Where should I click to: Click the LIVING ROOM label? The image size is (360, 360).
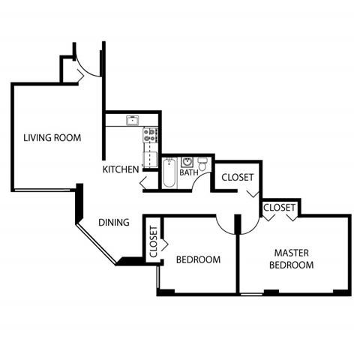pos(52,138)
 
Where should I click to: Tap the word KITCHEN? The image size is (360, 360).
pos(121,169)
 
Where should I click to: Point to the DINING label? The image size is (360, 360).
pos(115,222)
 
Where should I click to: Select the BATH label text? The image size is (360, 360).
pos(189,172)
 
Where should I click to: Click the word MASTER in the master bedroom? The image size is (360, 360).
pos(292,253)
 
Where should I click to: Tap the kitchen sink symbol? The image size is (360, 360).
pos(132,120)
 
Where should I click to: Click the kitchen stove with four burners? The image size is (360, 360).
pos(150,135)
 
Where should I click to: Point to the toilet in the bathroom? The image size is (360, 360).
pos(201,163)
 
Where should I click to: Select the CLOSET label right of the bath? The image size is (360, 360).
pos(237,178)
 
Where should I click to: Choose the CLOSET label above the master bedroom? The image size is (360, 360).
pos(278,207)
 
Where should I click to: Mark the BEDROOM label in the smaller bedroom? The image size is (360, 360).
pos(198,260)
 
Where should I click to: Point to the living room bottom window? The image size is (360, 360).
pos(43,188)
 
